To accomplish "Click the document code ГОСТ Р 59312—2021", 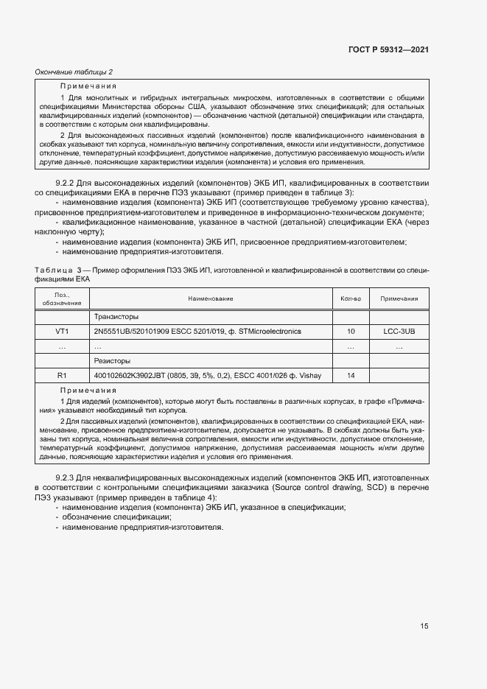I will pos(388,49).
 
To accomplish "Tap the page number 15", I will pos(424,626).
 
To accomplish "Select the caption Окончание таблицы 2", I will pos(74,71).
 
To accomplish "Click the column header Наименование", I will pos(210,298).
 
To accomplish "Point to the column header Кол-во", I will pos(351,298).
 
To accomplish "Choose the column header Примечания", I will pos(399,298).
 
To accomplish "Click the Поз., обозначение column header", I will pos(62,298).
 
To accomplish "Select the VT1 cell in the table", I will pos(62,332).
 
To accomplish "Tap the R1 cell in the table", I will pos(62,376).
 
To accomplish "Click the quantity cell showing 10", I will pos(351,332).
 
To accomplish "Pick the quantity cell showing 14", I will pos(351,376).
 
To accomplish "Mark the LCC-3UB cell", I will pos(399,332).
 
